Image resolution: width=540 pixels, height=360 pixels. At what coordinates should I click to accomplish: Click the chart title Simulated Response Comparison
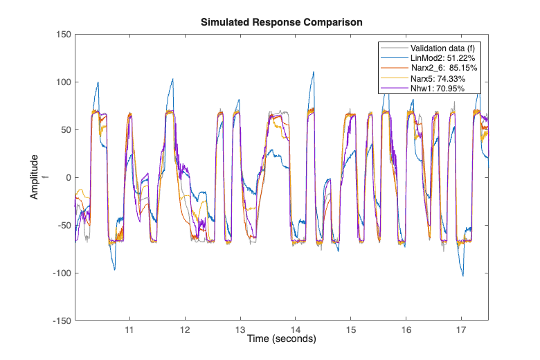pos(282,22)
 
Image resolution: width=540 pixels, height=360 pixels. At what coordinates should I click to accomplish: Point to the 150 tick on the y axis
pos(63,34)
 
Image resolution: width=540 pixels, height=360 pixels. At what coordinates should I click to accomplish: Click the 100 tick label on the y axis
pos(63,82)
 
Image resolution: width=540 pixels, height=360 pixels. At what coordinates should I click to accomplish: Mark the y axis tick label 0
pos(67,177)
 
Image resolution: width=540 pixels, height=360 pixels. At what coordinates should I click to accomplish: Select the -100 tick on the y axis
pos(61,273)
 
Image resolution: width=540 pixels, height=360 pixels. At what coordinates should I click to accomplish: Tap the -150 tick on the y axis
pos(61,321)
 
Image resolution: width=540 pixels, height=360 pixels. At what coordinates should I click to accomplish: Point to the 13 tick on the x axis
pos(240,330)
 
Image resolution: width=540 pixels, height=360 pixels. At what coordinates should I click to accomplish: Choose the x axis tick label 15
pos(351,330)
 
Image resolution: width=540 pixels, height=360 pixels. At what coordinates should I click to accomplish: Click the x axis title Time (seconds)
pos(282,339)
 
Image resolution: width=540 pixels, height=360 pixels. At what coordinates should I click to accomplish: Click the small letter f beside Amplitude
pos(46,177)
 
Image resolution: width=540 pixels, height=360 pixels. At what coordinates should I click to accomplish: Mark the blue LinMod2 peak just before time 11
pos(98,82)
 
